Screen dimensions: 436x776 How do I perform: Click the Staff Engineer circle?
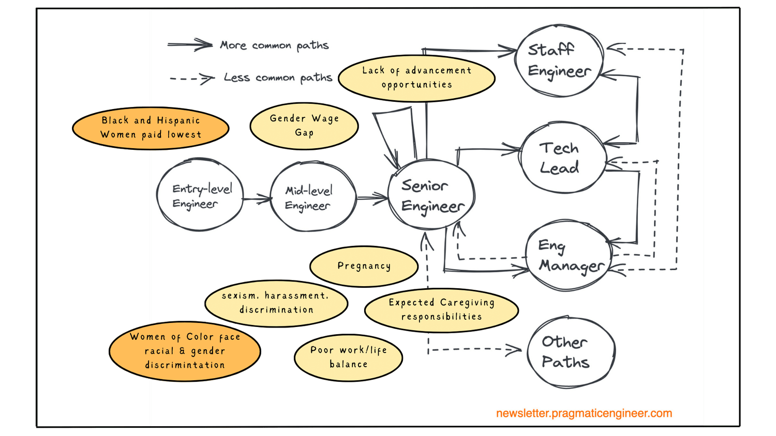559,60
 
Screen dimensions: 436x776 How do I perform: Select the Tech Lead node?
562,158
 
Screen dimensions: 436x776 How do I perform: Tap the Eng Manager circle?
568,256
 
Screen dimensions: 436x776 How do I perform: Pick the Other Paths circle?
571,352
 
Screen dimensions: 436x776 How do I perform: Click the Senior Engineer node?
431,195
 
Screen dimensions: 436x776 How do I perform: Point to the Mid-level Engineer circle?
313,197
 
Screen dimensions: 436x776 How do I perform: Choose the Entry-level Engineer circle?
200,195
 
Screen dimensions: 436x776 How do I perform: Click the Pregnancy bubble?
364,266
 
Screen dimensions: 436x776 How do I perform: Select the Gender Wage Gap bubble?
304,126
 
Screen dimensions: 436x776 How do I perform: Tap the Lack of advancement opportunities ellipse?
416,78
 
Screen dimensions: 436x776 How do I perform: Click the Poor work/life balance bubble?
348,357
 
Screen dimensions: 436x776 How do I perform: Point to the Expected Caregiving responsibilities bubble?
441,309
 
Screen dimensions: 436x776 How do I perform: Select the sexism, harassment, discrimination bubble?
276,303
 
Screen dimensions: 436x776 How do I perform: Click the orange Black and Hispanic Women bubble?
151,128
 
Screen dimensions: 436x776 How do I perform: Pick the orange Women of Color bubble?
185,351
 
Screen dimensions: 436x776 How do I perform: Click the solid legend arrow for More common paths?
189,45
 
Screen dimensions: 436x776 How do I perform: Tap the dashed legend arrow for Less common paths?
192,79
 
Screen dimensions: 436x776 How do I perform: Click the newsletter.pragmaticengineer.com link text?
584,413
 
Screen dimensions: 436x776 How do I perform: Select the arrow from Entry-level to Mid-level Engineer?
257,199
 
